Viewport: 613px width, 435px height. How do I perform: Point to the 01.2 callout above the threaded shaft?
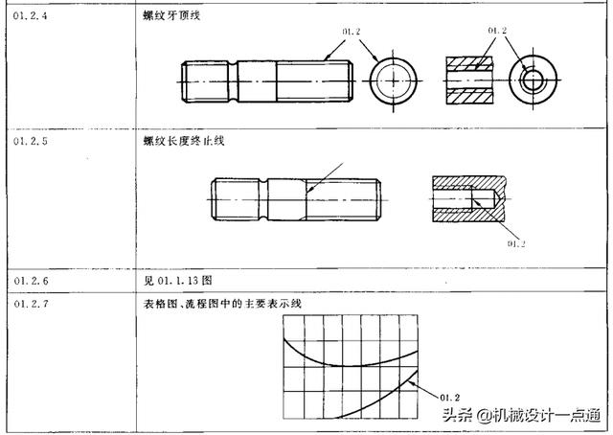tap(351, 32)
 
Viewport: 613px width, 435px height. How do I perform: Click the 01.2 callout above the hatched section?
tap(496, 31)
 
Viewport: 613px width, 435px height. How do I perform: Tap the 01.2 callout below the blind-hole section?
tap(517, 243)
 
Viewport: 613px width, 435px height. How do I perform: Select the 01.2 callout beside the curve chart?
tap(450, 396)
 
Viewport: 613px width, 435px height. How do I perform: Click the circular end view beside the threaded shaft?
tap(391, 79)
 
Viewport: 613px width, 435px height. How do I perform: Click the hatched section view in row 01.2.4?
tap(468, 79)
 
